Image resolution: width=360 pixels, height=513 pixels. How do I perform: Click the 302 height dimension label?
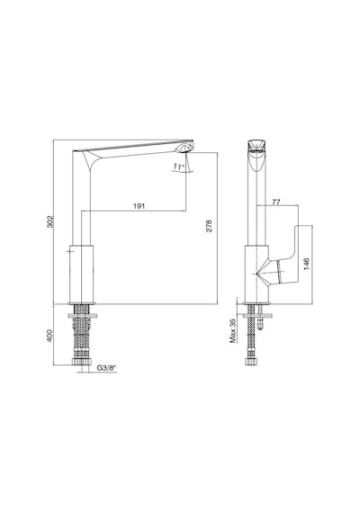coord(49,221)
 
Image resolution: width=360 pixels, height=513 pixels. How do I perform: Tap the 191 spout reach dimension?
coord(139,206)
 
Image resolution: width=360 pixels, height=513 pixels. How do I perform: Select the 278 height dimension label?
coord(209,226)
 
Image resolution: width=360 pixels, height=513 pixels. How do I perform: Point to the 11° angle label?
coord(178,166)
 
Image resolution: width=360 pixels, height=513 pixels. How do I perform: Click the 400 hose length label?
coord(49,336)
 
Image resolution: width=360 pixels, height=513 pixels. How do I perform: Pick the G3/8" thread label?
coord(106,368)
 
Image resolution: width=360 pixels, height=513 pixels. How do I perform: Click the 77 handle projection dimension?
coord(276,202)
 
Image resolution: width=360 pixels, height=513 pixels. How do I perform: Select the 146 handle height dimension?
coord(306,265)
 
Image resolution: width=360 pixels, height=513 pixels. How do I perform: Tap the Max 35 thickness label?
coord(233,330)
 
